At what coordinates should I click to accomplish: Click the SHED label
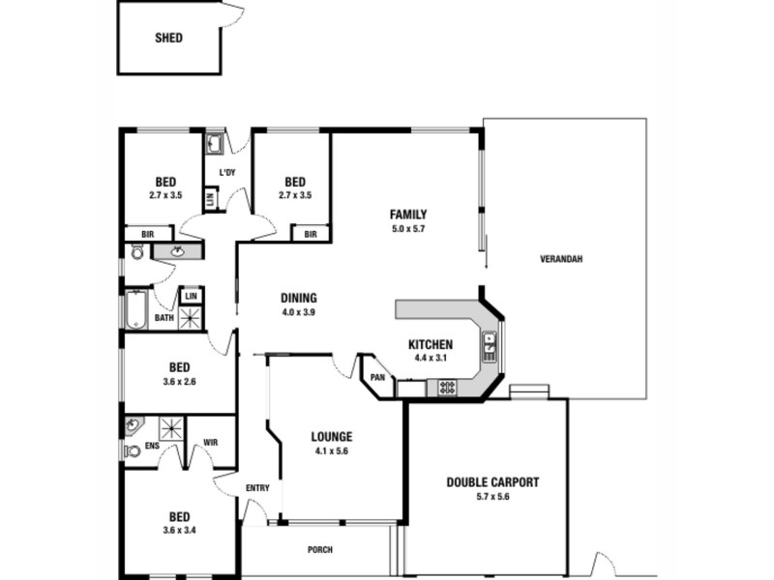(x=168, y=40)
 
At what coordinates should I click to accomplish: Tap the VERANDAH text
(x=561, y=259)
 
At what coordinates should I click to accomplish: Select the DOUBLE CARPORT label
(x=492, y=482)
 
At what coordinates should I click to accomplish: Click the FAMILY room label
(x=408, y=215)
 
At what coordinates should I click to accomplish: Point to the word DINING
(x=299, y=299)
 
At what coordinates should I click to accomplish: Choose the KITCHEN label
(x=431, y=344)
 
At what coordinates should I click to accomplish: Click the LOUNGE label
(x=332, y=436)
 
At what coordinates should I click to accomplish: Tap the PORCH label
(x=319, y=550)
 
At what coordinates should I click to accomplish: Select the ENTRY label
(x=257, y=488)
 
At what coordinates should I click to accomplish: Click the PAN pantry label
(x=377, y=377)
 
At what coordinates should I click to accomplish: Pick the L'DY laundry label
(x=227, y=173)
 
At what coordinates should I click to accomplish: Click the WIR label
(x=211, y=442)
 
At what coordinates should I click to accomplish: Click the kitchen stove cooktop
(x=448, y=387)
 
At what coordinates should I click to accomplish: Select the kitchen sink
(x=490, y=345)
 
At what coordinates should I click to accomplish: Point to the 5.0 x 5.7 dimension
(x=408, y=228)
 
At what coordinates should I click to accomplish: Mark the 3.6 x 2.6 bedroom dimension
(x=180, y=381)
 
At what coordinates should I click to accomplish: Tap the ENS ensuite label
(x=152, y=446)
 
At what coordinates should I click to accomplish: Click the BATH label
(x=164, y=317)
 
